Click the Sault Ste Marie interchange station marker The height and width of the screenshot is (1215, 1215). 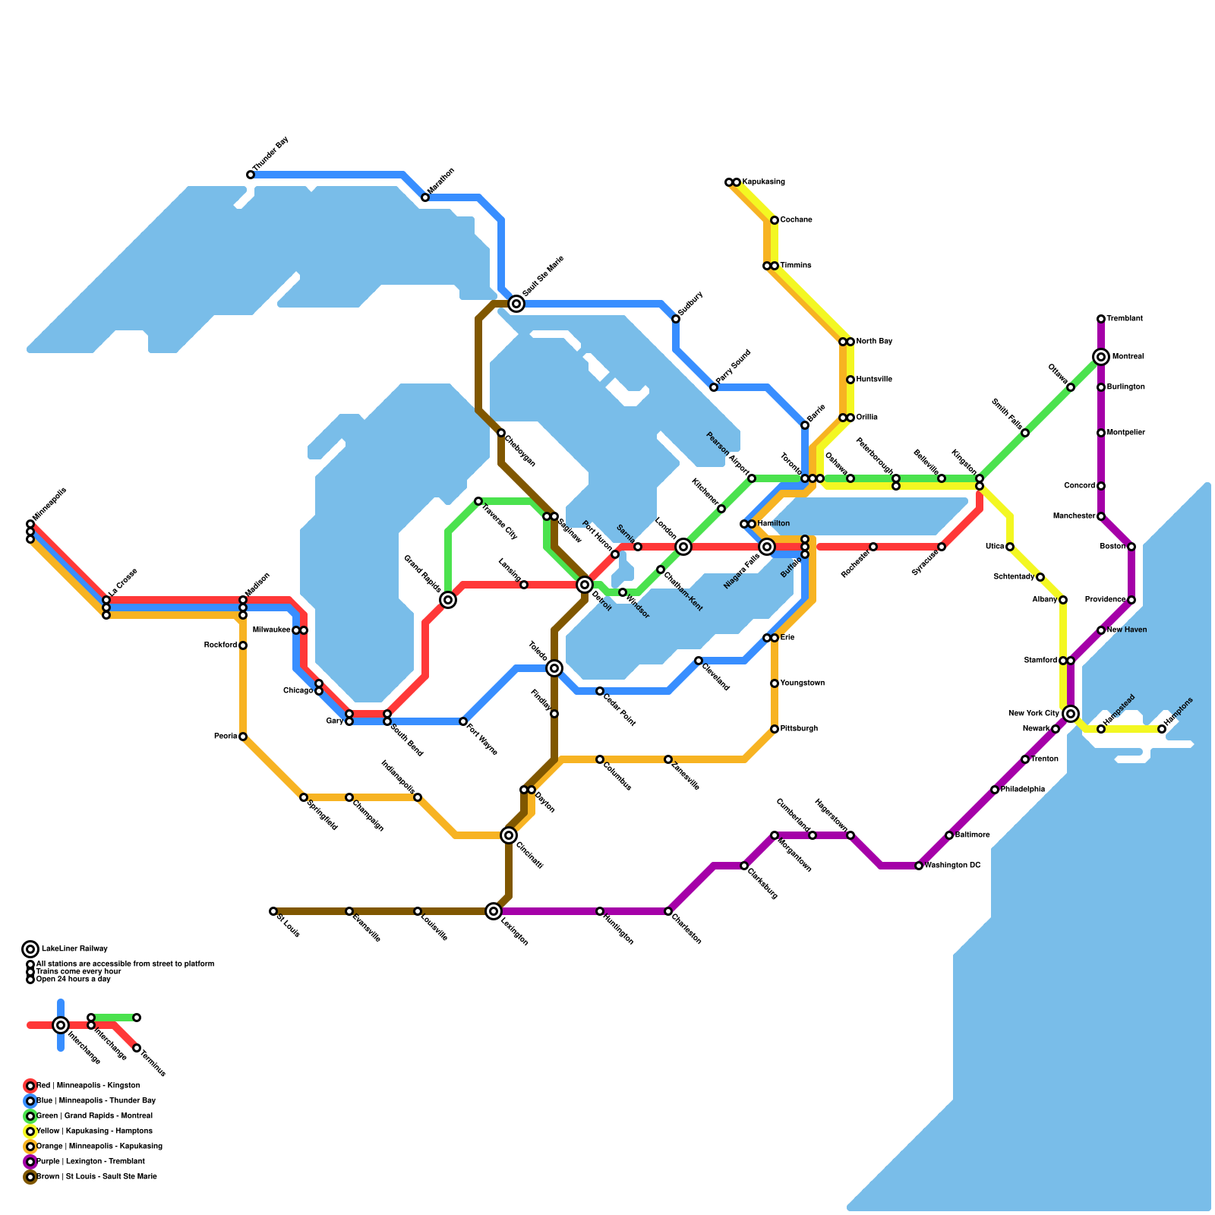coord(516,304)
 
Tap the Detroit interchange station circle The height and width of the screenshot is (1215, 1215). coord(585,585)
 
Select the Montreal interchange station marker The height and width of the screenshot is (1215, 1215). coord(1101,357)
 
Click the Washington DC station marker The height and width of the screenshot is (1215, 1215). coord(919,866)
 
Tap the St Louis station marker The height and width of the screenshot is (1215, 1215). coord(273,911)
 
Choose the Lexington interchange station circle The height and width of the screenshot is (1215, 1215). coord(494,911)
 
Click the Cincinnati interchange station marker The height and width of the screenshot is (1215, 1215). coord(509,835)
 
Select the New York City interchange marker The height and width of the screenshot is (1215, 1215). coord(1071,714)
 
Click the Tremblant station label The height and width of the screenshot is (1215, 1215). coord(1125,319)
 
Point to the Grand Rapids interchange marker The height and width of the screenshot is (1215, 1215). coord(448,600)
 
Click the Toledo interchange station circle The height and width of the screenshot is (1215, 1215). coord(554,668)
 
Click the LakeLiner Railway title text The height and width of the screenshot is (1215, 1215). coord(74,948)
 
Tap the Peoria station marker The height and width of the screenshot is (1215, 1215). coord(243,737)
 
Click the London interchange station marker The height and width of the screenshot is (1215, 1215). coord(683,547)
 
